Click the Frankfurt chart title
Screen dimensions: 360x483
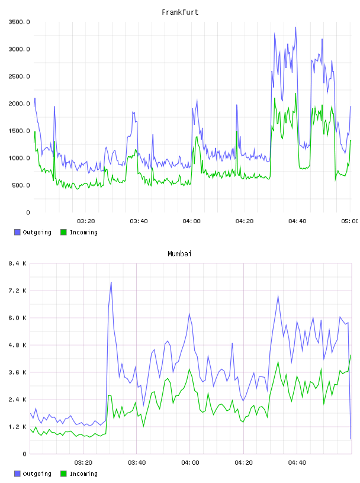[x=180, y=12]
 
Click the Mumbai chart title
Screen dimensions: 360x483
[x=179, y=254]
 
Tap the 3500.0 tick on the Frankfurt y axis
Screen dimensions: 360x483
[x=20, y=22]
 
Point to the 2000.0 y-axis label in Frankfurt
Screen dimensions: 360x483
[x=20, y=104]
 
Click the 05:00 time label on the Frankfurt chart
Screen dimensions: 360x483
[x=350, y=221]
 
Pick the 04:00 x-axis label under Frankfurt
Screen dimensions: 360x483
[x=191, y=221]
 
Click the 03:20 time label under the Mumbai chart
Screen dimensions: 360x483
[x=83, y=463]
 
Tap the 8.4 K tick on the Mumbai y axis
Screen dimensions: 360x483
[x=18, y=263]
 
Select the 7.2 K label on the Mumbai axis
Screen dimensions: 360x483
[x=18, y=291]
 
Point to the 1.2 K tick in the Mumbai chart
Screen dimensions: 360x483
[x=18, y=427]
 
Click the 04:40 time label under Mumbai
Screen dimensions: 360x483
[x=297, y=463]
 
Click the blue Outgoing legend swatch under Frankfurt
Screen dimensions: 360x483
[x=17, y=232]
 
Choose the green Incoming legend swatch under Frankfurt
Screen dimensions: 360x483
[x=63, y=232]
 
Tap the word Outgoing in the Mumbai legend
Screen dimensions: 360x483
[x=37, y=474]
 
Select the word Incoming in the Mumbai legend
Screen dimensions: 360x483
[x=83, y=474]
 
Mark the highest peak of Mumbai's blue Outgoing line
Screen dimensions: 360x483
[x=111, y=282]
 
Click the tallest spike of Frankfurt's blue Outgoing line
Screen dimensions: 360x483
[x=295, y=27]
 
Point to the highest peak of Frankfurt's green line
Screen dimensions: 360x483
[x=295, y=94]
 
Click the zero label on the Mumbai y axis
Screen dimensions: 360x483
[x=24, y=454]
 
